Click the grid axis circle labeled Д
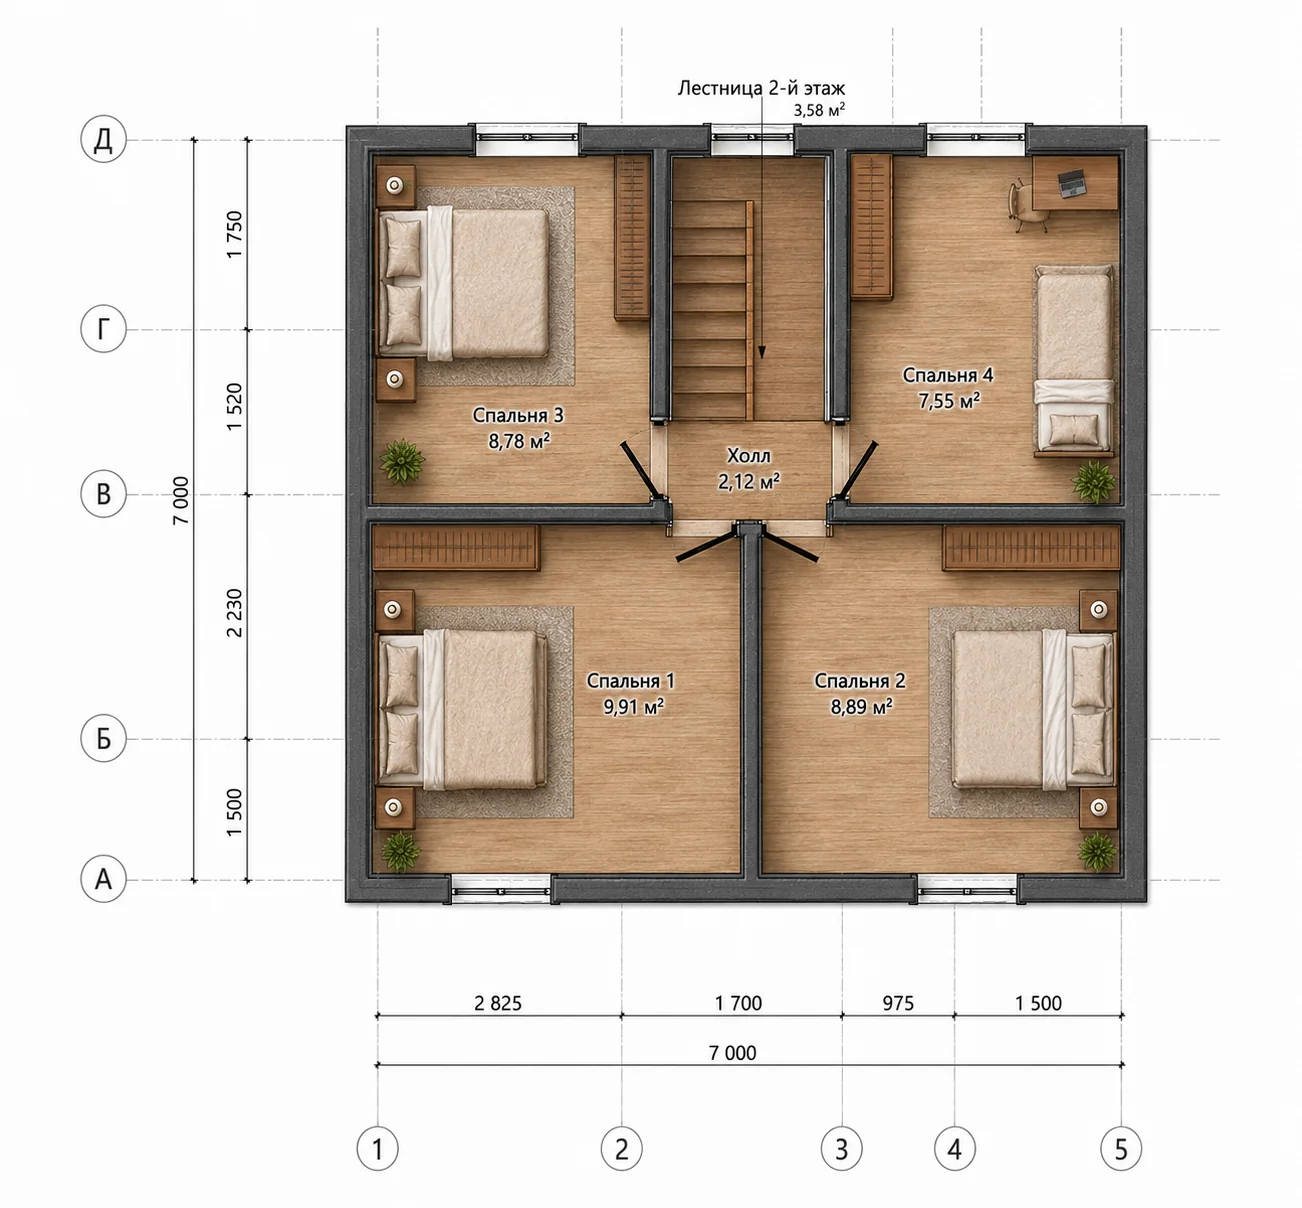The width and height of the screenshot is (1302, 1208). tap(103, 140)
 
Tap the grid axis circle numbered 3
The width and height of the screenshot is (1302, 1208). tap(841, 1148)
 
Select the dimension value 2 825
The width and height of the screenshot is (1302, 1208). tap(498, 1003)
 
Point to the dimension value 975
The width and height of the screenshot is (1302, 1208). tap(898, 1003)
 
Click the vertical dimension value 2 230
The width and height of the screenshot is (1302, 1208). tap(234, 613)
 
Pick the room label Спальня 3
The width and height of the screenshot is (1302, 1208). tap(517, 415)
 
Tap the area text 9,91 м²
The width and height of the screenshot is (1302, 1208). tap(633, 706)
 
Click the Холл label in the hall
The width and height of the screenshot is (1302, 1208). tap(749, 455)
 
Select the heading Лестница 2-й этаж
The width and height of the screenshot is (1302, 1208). tap(761, 88)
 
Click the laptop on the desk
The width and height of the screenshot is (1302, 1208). tap(1072, 182)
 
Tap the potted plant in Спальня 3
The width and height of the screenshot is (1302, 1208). tap(402, 462)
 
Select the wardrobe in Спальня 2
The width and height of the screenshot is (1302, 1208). tap(1031, 548)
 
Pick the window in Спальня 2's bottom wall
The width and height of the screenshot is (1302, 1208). tap(967, 889)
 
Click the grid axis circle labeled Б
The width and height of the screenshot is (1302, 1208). tap(103, 739)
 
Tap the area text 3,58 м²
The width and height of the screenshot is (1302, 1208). tap(819, 110)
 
